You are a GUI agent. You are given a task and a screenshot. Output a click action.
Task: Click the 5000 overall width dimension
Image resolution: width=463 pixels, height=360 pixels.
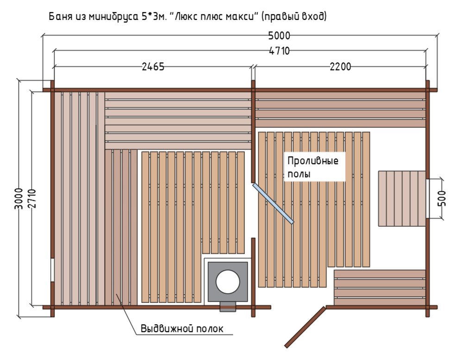click(279, 36)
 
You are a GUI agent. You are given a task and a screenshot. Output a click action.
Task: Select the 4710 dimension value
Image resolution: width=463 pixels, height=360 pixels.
click(279, 51)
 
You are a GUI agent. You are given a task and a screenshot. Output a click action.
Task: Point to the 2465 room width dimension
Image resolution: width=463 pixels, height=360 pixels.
click(153, 67)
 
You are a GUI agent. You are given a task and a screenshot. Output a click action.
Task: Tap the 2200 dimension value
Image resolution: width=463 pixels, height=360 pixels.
click(340, 67)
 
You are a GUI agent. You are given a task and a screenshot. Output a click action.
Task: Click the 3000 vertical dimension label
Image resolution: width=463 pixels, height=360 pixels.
click(19, 199)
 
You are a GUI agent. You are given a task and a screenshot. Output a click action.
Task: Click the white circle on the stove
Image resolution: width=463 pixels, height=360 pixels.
click(227, 281)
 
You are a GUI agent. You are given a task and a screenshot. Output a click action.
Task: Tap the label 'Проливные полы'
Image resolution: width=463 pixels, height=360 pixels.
click(313, 168)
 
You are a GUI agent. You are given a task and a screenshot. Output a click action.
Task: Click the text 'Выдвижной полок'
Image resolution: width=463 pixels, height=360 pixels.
click(182, 329)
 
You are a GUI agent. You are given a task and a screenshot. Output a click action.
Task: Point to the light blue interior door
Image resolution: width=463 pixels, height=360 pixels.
click(273, 203)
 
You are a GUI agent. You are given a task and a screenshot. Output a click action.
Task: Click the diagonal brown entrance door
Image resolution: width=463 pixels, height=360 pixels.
click(305, 327)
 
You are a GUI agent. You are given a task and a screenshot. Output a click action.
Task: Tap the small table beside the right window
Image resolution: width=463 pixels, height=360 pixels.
click(402, 199)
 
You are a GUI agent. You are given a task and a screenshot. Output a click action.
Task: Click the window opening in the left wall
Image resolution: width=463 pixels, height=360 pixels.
click(52, 270)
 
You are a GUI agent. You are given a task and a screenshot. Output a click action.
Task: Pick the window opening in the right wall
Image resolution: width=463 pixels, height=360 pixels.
click(427, 199)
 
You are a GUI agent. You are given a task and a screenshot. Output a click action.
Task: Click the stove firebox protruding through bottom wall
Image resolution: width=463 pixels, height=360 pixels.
click(228, 307)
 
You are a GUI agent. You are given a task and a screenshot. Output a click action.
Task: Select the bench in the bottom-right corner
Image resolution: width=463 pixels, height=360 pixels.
click(380, 287)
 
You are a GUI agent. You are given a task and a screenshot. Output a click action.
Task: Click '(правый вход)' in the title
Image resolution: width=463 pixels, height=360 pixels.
click(294, 17)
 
